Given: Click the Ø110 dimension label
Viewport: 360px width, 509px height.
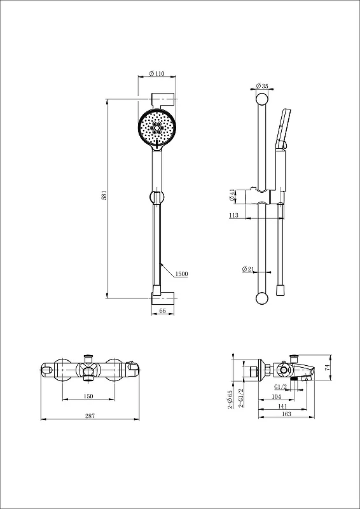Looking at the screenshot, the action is (157, 74).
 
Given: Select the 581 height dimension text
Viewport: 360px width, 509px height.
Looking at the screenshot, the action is (104, 195).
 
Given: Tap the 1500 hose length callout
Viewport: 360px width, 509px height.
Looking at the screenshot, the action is (181, 274).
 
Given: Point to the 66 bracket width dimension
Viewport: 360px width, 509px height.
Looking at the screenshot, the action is (163, 310).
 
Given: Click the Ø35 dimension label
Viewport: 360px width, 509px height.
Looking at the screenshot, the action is (262, 86).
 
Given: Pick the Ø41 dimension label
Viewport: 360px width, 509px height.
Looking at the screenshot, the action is (232, 196).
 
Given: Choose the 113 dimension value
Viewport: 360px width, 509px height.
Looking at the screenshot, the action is (233, 215).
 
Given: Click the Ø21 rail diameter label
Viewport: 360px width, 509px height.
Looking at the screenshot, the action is (248, 269).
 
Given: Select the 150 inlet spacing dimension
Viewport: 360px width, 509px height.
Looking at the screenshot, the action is (88, 396).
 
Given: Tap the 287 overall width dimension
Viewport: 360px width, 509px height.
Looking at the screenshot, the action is (90, 416).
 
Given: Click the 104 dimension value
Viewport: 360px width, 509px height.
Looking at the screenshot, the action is (276, 396).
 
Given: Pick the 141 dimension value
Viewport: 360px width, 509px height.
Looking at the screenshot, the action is (282, 405).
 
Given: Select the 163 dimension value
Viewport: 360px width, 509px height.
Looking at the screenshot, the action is (287, 414).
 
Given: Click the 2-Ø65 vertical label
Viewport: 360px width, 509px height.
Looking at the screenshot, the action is (230, 400).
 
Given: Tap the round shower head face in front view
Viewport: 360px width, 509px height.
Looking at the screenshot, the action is (157, 129).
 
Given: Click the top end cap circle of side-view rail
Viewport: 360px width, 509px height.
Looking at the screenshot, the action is (262, 99).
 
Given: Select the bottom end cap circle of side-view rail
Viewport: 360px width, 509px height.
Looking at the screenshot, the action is (262, 298).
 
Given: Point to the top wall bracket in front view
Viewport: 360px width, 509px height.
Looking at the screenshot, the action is (163, 99).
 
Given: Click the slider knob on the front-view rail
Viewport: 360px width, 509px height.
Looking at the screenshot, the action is (157, 197).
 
